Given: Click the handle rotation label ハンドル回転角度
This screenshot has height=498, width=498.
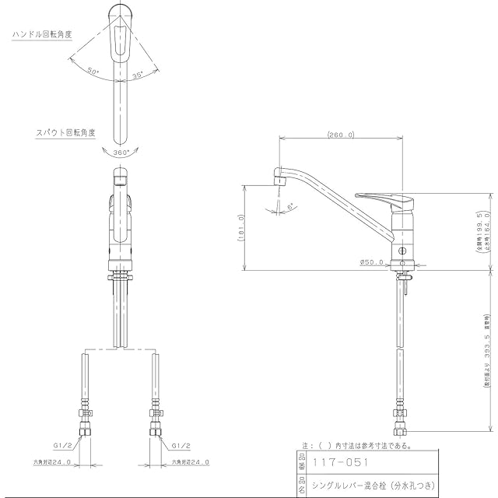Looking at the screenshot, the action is point(43,35).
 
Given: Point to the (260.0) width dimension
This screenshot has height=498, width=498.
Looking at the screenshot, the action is point(340,135).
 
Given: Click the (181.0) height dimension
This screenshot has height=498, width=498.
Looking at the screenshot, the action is point(241,227).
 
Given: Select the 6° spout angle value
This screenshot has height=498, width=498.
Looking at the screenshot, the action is point(290,207).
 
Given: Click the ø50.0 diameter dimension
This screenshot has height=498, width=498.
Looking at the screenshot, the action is point(371,262).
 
